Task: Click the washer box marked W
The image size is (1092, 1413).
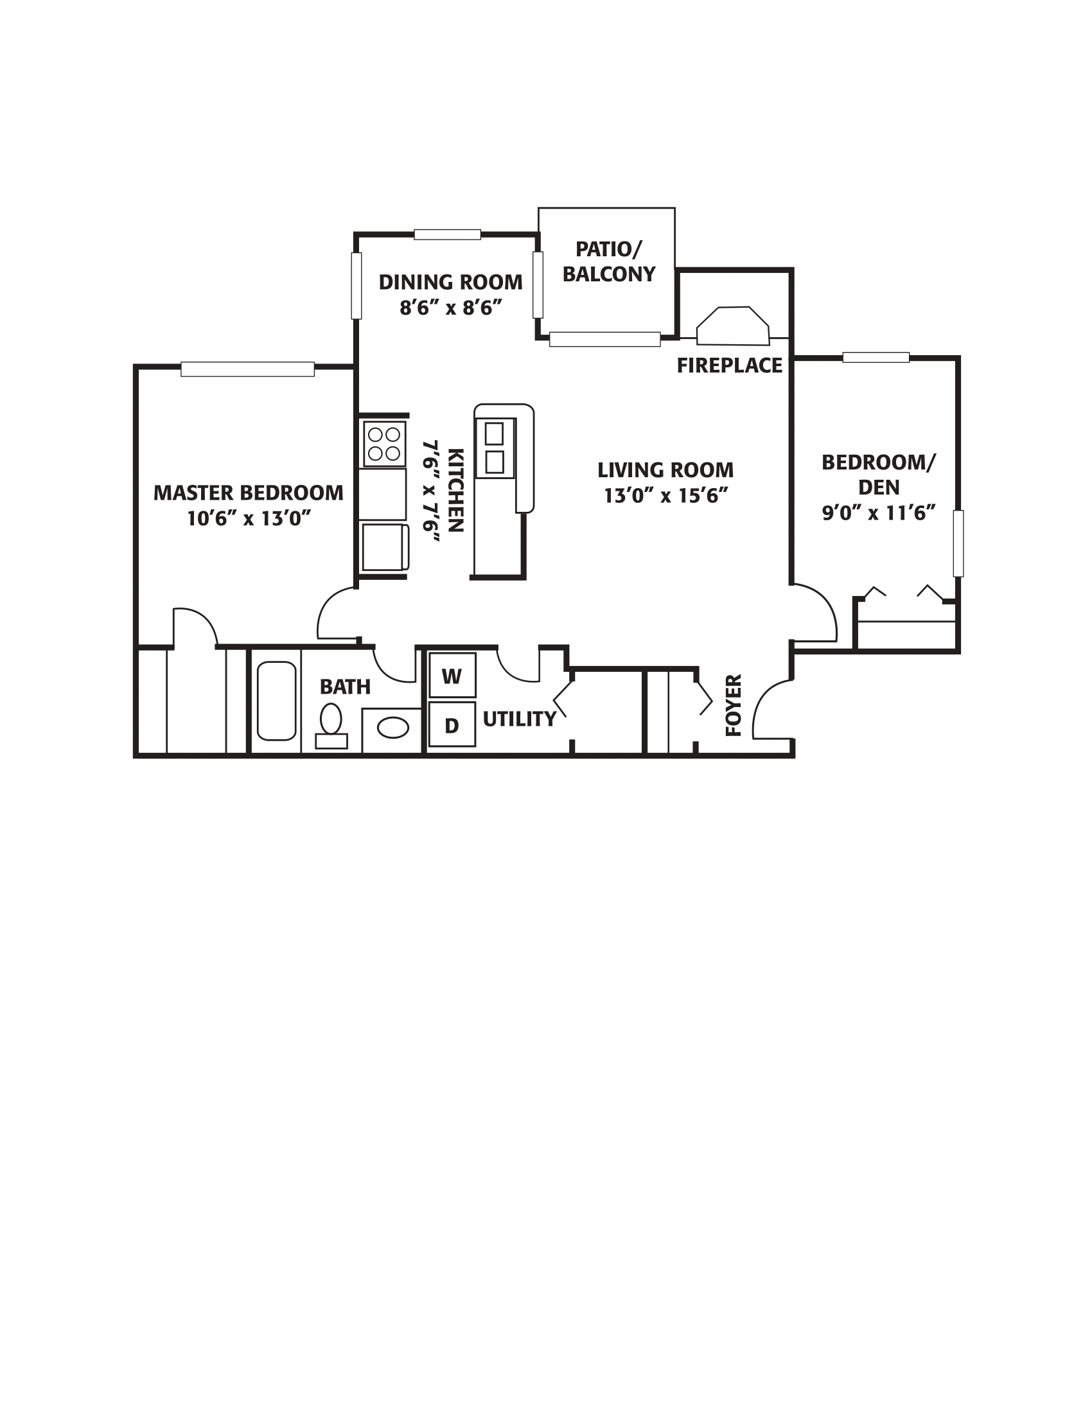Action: click(452, 676)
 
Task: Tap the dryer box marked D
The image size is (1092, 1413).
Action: click(452, 724)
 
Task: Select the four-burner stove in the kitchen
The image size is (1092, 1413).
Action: click(384, 444)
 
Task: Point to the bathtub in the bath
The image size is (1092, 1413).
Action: click(276, 701)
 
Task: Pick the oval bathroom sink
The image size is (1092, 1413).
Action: click(392, 728)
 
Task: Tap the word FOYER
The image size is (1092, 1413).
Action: click(734, 705)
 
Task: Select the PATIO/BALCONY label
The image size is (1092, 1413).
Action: click(608, 261)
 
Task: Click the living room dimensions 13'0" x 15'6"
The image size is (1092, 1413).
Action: click(665, 496)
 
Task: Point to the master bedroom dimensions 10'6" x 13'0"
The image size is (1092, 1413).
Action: click(249, 518)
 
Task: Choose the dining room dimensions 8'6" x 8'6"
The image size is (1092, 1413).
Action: click(451, 307)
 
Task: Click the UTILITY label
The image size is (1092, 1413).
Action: click(519, 719)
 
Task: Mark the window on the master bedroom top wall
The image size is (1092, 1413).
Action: click(247, 369)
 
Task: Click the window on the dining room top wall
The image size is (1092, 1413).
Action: click(447, 234)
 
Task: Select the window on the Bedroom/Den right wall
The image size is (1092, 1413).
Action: click(958, 543)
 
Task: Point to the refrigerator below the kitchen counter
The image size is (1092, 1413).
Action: click(384, 547)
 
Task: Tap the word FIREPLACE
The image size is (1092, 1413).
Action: click(729, 365)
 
